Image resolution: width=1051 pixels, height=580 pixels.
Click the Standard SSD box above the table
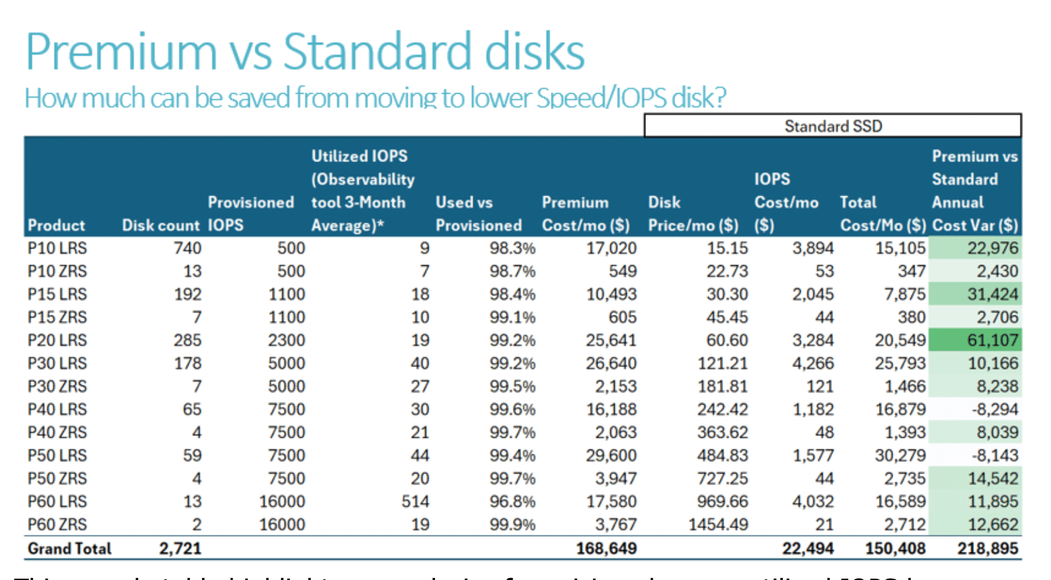[833, 126]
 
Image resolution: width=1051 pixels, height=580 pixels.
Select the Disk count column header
[161, 226]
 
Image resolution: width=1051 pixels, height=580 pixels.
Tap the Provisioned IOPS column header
[250, 214]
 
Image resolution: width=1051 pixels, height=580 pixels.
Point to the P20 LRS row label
[57, 340]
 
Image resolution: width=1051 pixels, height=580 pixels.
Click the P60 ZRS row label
[57, 525]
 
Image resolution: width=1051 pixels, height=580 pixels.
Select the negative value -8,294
[994, 409]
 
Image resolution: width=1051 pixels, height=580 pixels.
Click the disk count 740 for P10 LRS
[187, 248]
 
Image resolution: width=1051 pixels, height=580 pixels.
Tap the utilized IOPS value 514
[415, 502]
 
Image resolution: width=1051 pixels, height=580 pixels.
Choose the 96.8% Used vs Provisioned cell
[512, 502]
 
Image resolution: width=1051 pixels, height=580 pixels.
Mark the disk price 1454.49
[718, 525]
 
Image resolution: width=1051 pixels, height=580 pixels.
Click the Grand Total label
[69, 549]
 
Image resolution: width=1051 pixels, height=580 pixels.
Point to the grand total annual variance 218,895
[987, 549]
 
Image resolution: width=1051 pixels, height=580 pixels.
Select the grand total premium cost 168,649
[606, 549]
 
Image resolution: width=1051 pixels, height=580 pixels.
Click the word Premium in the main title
[121, 52]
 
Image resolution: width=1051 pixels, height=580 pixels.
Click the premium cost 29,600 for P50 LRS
[611, 456]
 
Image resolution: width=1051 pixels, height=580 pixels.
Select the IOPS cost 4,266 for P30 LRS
[813, 363]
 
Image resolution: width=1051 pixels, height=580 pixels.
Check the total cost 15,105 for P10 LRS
[900, 248]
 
